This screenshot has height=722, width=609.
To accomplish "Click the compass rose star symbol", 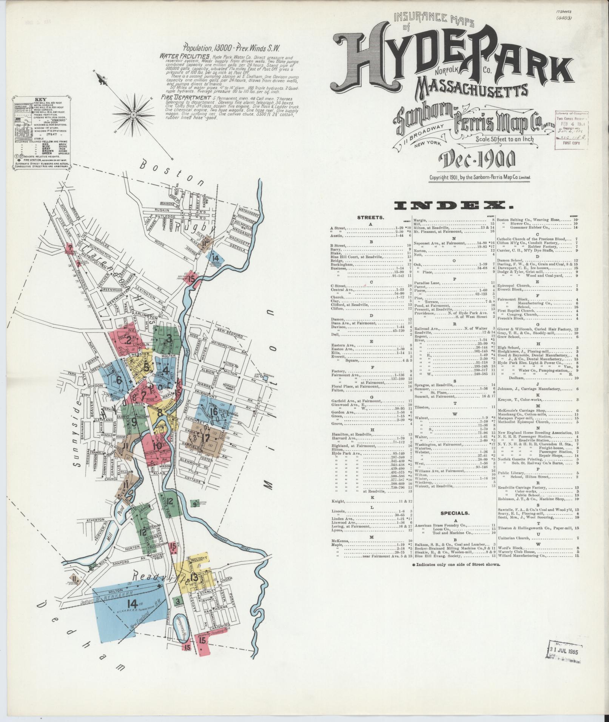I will pyautogui.click(x=133, y=114).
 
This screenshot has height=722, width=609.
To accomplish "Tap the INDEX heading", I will pyautogui.click(x=453, y=205).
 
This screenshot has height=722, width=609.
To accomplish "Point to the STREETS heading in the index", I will pyautogui.click(x=370, y=218).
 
